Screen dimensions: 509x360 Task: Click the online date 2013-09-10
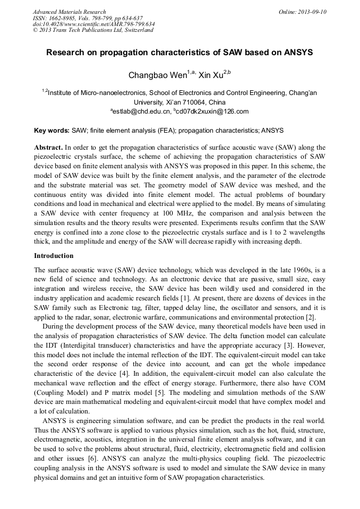point(311,12)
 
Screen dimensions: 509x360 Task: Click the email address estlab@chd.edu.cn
point(143,111)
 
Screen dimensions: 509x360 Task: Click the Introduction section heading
point(54,255)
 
